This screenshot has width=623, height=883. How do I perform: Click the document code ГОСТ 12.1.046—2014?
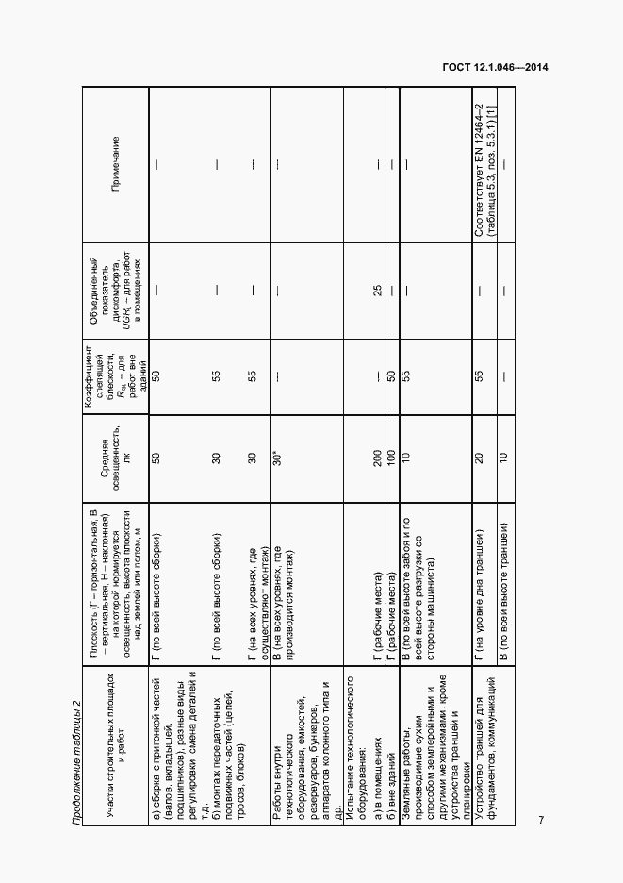495,67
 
